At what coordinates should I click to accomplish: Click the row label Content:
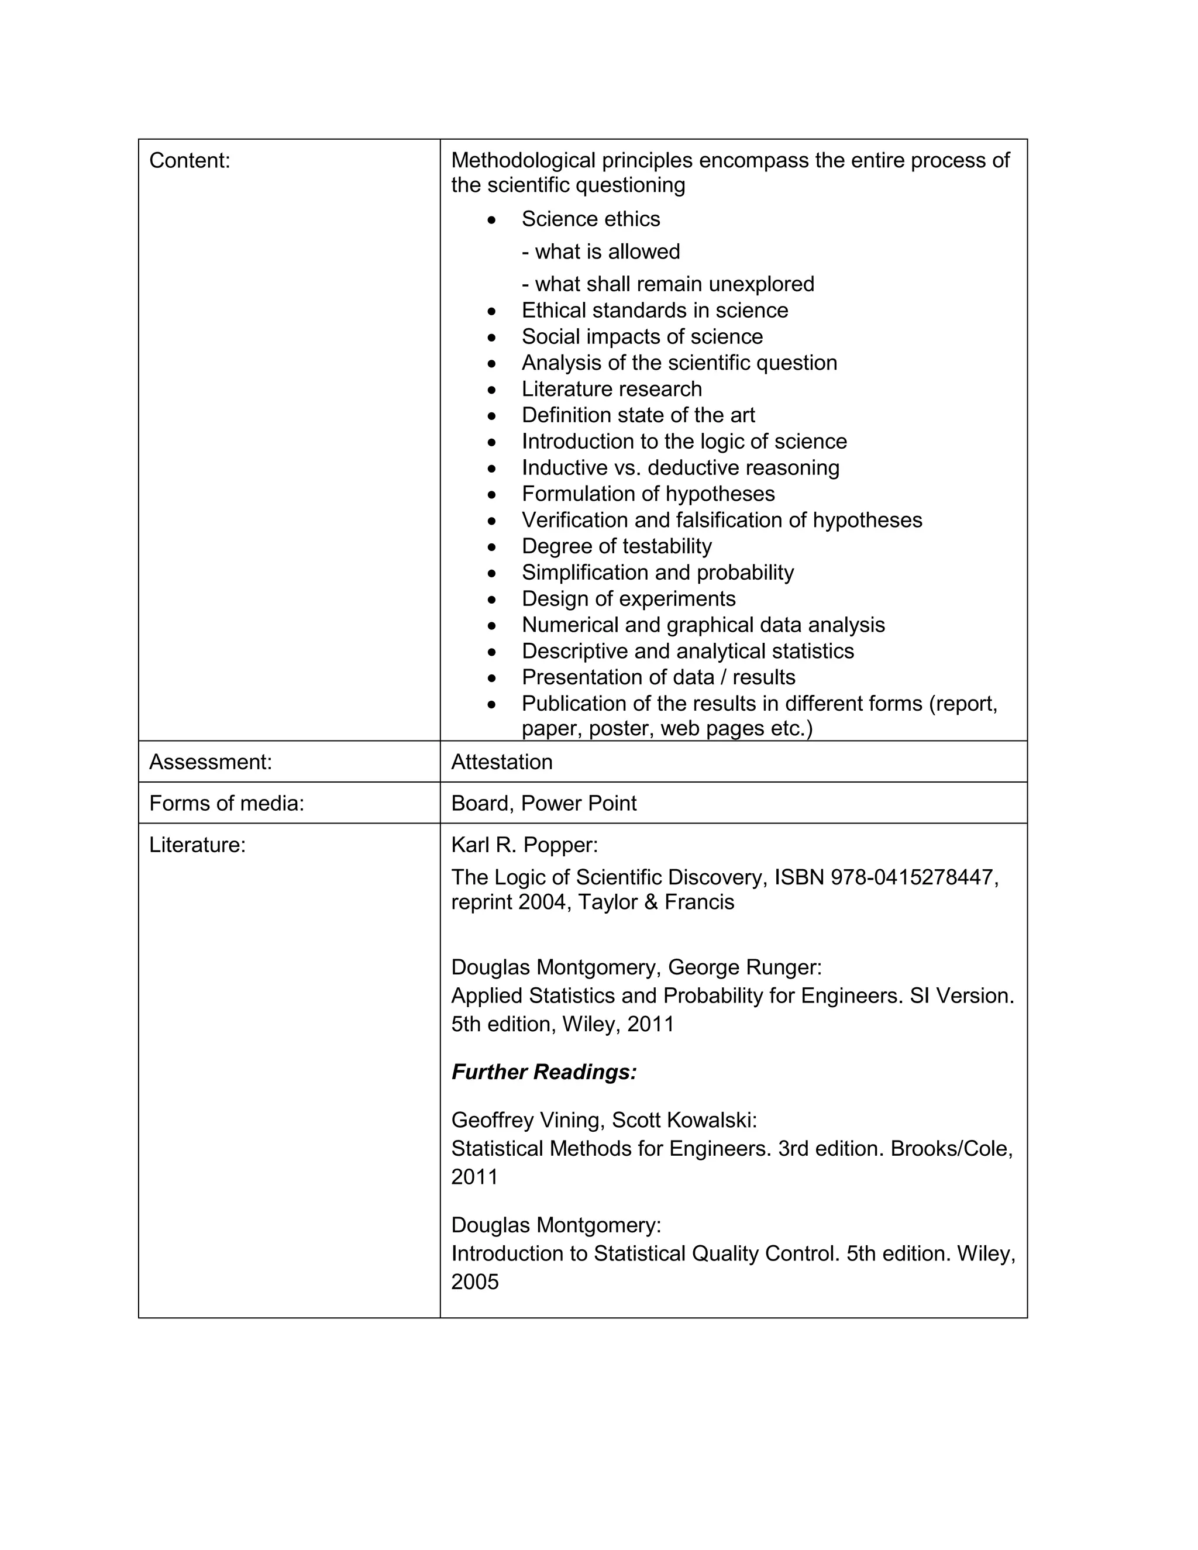[x=190, y=161]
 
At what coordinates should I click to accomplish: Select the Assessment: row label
[x=210, y=762]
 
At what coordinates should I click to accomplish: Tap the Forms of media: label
[x=226, y=804]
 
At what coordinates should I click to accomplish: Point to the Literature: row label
[x=197, y=845]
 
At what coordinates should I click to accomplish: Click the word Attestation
[x=502, y=762]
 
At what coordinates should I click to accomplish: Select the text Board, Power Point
[x=543, y=804]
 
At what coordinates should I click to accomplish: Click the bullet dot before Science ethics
[x=492, y=220]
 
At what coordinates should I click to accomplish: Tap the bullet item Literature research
[x=612, y=389]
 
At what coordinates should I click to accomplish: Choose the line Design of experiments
[x=629, y=599]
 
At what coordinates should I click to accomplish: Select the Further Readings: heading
[x=543, y=1072]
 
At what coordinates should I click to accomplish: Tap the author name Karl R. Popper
[x=524, y=845]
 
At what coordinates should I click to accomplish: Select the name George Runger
[x=745, y=967]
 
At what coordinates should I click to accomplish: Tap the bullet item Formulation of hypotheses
[x=648, y=494]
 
